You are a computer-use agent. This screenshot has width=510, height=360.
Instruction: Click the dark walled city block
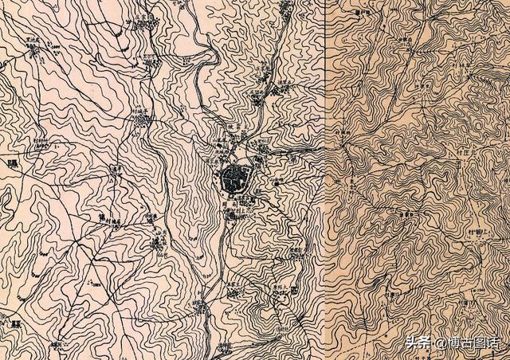(x=236, y=177)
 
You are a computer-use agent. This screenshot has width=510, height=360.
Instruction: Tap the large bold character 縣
(x=15, y=324)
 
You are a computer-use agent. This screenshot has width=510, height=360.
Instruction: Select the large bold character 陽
(x=11, y=165)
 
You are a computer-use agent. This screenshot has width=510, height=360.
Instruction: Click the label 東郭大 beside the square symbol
(x=280, y=285)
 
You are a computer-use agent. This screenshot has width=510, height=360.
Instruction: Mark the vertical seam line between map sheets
(x=328, y=180)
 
